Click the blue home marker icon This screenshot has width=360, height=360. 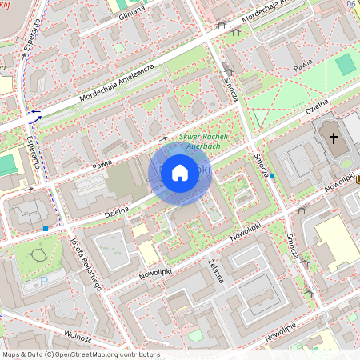pyautogui.click(x=179, y=173)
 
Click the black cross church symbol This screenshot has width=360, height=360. pyautogui.click(x=333, y=139)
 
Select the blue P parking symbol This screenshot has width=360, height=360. pyautogui.click(x=44, y=281)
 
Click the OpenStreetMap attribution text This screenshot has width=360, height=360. pyautogui.click(x=80, y=354)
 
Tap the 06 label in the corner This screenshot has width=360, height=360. pyautogui.click(x=352, y=4)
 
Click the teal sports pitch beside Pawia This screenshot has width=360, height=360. pyautogui.click(x=345, y=65)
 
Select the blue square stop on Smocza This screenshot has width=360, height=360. pyautogui.click(x=272, y=175)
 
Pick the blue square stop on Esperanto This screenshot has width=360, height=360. pyautogui.click(x=46, y=229)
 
